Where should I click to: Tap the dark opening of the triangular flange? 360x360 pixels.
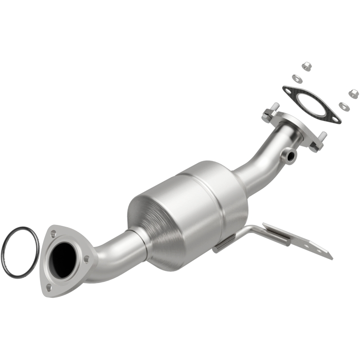click(x=63, y=260)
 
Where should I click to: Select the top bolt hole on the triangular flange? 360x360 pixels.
click(x=54, y=234)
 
